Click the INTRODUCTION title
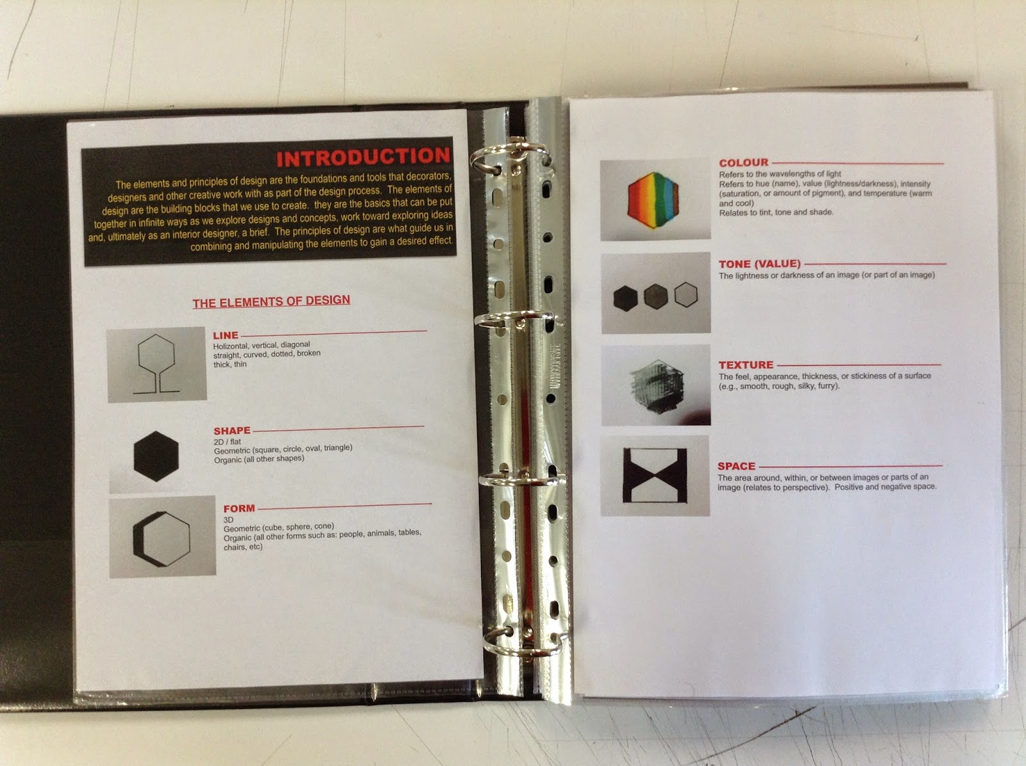(x=363, y=157)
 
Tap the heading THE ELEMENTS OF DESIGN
(x=271, y=301)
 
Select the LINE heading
(x=225, y=335)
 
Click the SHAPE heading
(x=232, y=431)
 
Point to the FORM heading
(x=239, y=508)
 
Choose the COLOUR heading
(x=744, y=163)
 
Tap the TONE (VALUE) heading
(x=760, y=264)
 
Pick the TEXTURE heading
(x=746, y=365)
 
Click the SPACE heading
(x=736, y=466)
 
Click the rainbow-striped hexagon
(x=653, y=200)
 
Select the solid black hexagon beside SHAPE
(x=156, y=456)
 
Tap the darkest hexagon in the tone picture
(x=625, y=298)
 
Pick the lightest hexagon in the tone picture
(x=686, y=294)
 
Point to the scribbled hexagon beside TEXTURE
(x=657, y=387)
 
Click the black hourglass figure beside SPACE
(x=655, y=475)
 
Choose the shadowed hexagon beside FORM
(x=162, y=539)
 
